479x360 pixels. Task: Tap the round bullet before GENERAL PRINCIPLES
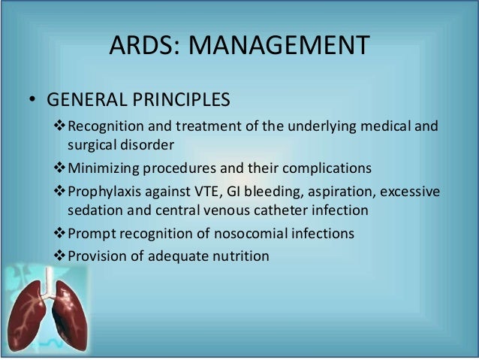(x=33, y=101)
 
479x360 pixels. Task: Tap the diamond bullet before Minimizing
(x=62, y=166)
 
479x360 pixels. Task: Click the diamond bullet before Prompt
(x=62, y=234)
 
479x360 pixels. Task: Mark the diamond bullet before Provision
(x=62, y=256)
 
